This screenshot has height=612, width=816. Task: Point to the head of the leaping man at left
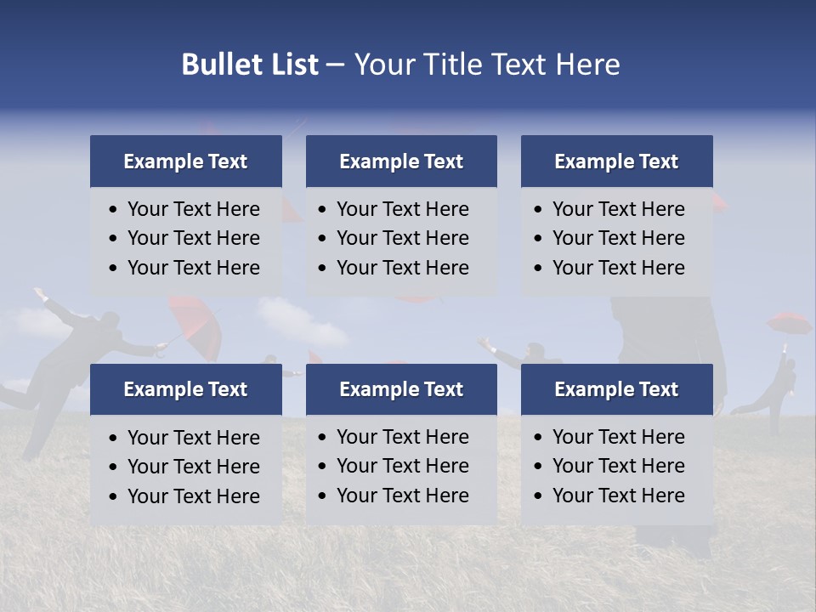tap(109, 320)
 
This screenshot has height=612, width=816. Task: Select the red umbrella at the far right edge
tap(789, 323)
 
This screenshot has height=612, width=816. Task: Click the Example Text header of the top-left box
tap(185, 161)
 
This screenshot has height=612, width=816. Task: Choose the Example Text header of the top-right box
tap(616, 161)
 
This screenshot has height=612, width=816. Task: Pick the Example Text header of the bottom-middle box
tap(401, 389)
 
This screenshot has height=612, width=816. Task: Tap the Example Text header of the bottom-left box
tap(185, 389)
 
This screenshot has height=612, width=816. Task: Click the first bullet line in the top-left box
tap(193, 209)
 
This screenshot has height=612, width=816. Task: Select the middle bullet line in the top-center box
tap(402, 238)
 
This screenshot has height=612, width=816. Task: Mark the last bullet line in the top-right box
tap(618, 268)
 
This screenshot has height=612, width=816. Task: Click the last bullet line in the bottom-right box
tap(618, 496)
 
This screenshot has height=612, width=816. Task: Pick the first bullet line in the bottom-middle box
tap(402, 437)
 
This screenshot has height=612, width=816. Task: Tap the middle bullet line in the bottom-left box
tap(193, 467)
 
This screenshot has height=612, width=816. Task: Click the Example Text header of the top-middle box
tap(401, 161)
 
